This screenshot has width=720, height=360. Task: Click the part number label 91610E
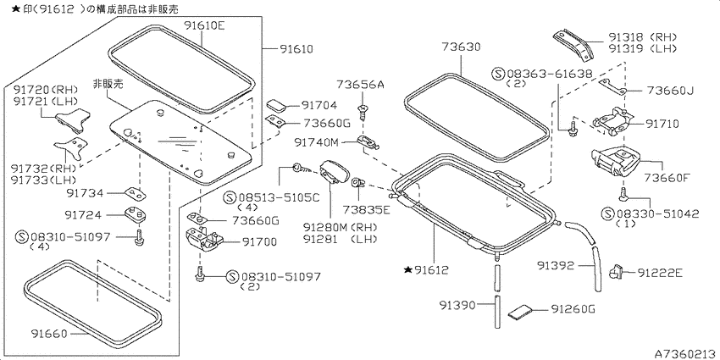(205, 25)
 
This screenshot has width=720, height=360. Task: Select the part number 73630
(461, 47)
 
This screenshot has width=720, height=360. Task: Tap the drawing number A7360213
(686, 354)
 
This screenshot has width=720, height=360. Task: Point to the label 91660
(51, 333)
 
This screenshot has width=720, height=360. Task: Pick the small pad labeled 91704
(276, 105)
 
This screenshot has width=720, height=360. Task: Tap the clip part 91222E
(615, 272)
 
